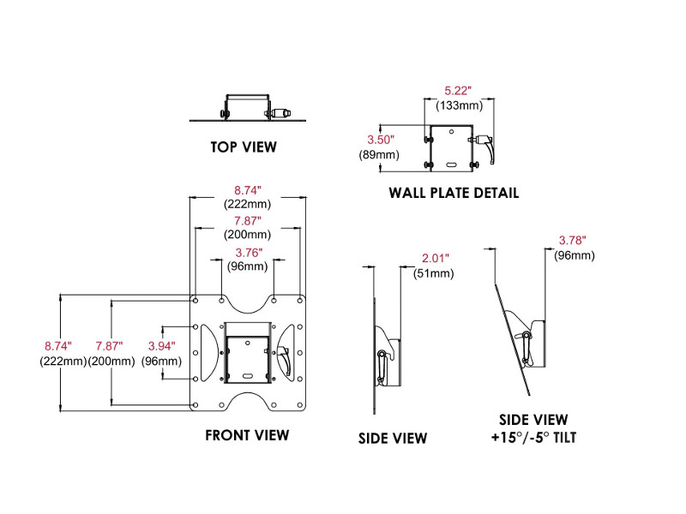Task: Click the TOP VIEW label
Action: [x=244, y=146]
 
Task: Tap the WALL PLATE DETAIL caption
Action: [x=454, y=193]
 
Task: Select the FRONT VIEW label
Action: [x=247, y=435]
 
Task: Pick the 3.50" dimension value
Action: [x=380, y=139]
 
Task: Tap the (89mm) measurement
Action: [x=378, y=154]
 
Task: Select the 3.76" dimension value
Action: [x=249, y=253]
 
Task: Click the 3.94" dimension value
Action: [x=161, y=346]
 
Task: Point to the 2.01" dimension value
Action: [x=436, y=258]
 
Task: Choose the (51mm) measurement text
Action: [x=436, y=273]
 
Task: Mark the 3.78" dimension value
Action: [x=572, y=241]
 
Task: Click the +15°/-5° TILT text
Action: [x=533, y=437]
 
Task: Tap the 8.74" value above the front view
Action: [x=248, y=189]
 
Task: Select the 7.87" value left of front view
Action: [x=109, y=346]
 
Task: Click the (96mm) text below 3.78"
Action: [x=572, y=255]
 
